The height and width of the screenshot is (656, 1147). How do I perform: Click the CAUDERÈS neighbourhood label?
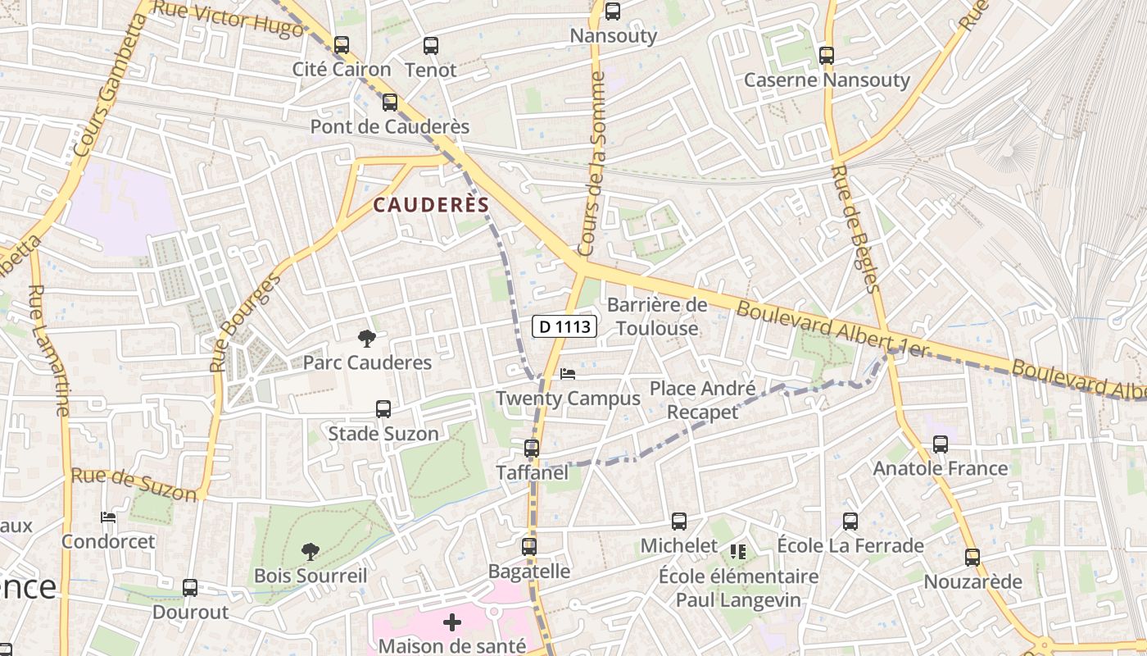431,205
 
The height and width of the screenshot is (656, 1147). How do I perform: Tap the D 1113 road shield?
564,326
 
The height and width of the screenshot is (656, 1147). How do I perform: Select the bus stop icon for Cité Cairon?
342,45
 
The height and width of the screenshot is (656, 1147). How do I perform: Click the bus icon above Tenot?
430,46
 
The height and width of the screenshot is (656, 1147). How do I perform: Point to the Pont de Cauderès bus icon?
390,102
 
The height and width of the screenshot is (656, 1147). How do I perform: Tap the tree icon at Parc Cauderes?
367,338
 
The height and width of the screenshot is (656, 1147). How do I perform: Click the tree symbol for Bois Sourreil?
310,551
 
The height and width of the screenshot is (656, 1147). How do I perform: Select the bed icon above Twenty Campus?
568,374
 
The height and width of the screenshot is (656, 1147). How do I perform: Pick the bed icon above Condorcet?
108,517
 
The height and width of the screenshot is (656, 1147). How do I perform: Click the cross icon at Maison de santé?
452,622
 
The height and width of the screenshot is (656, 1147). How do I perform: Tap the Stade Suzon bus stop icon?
383,408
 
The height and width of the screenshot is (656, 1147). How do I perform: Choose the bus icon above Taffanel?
532,449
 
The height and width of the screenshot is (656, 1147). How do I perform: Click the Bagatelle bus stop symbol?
529,546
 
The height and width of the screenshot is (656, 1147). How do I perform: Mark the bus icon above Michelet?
679,521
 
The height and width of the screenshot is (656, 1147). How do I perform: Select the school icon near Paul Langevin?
738,552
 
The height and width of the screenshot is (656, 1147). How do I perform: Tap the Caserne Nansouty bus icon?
827,56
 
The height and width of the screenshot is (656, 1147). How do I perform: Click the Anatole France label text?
941,468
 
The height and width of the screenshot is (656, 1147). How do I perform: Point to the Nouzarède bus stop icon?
972,558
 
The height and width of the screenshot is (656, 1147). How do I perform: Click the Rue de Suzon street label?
134,484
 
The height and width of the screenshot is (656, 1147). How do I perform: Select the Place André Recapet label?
702,399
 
